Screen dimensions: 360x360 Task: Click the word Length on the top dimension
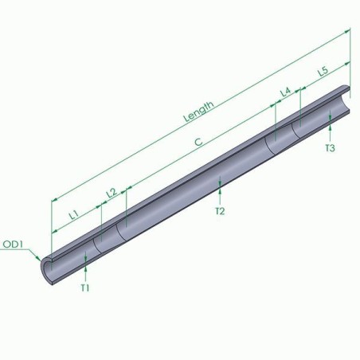click(198, 110)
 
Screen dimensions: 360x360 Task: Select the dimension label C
click(198, 141)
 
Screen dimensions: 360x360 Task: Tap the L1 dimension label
click(72, 213)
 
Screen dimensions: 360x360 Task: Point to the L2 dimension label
click(111, 192)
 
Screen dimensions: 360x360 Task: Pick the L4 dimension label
click(285, 92)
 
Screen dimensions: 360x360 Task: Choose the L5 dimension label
click(323, 72)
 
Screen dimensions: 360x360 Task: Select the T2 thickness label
click(220, 211)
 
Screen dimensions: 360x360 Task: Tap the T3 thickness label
click(330, 148)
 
